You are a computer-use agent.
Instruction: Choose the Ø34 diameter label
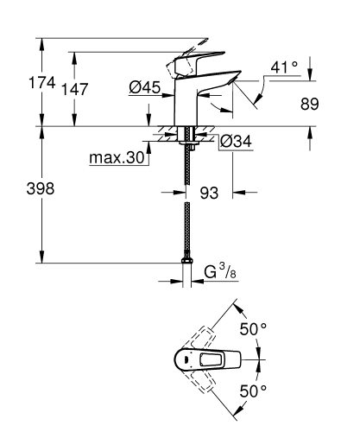pos(235,141)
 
